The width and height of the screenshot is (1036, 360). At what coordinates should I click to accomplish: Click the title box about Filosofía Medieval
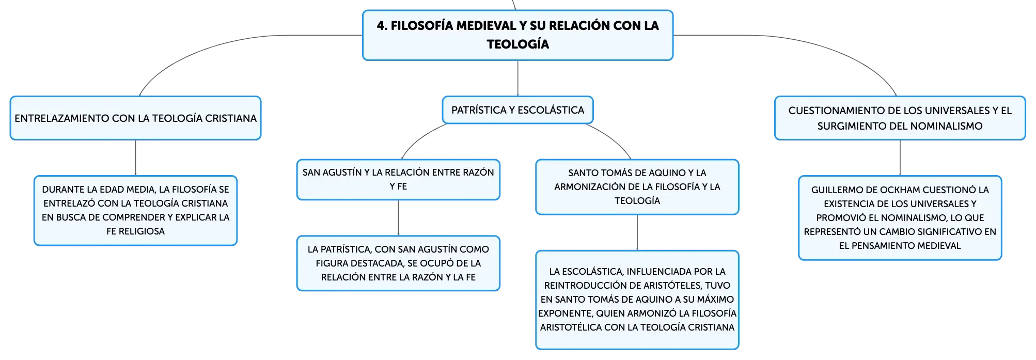517,35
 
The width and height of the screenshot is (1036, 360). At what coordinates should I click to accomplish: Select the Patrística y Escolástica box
517,110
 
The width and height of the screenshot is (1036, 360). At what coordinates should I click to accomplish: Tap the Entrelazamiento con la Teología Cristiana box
135,118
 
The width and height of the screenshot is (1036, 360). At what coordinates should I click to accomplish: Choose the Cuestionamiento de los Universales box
900,118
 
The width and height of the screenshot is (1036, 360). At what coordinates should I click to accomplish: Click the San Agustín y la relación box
398,179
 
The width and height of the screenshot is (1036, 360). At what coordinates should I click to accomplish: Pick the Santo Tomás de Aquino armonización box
637,186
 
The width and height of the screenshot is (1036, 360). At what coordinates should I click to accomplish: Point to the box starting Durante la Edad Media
135,210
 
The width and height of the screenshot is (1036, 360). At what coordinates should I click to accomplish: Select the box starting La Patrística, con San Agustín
398,263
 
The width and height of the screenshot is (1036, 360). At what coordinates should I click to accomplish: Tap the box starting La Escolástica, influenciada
637,300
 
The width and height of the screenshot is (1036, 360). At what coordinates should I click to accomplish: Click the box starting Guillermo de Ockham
900,217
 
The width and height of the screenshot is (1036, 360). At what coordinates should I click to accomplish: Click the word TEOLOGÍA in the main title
518,44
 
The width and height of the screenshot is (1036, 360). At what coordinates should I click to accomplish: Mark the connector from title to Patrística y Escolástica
518,79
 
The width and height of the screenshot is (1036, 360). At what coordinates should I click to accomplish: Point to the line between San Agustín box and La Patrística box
398,218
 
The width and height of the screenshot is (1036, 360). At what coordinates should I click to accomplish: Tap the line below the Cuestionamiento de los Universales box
900,158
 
